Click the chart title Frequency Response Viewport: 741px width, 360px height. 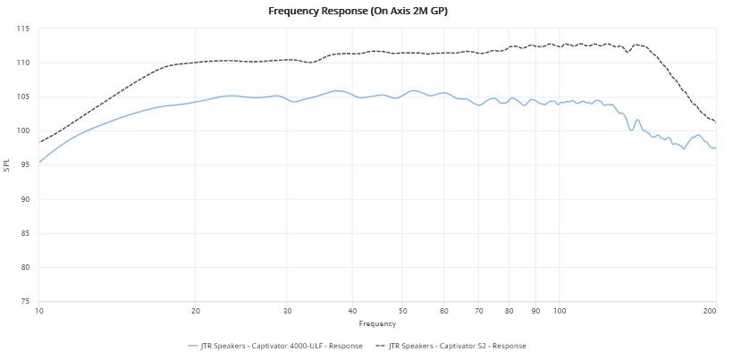pyautogui.click(x=370, y=12)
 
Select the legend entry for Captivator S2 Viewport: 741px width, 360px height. pyautogui.click(x=458, y=346)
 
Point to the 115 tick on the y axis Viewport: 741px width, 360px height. pyautogui.click(x=23, y=29)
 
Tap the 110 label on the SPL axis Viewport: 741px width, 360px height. pyautogui.click(x=23, y=63)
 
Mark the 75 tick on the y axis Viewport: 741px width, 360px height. pyautogui.click(x=25, y=302)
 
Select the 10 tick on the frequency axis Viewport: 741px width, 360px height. pyautogui.click(x=39, y=312)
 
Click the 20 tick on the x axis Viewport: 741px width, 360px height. pyautogui.click(x=196, y=312)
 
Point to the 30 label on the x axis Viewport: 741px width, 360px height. pyautogui.click(x=287, y=312)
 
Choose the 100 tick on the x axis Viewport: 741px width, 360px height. pyautogui.click(x=560, y=312)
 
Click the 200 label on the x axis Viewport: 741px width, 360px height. pyautogui.click(x=710, y=312)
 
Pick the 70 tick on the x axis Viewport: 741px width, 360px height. pyautogui.click(x=479, y=312)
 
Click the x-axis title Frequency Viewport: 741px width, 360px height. pyautogui.click(x=377, y=322)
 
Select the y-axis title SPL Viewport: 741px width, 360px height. pyautogui.click(x=7, y=165)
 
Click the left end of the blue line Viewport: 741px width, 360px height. pyautogui.click(x=39, y=163)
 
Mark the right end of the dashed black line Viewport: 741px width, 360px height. pyautogui.click(x=716, y=122)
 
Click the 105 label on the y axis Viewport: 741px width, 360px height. pyautogui.click(x=23, y=97)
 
